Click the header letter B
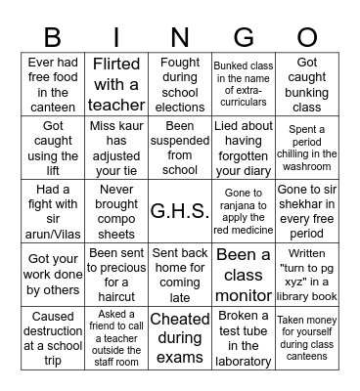coord(53,37)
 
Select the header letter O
coord(307,37)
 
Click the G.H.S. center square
coord(180,210)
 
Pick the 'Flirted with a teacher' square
coord(116,84)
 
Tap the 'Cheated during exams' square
coord(180,338)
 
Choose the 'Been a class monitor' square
coord(244,274)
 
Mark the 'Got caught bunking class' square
coord(307,84)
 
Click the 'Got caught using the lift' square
coord(53,147)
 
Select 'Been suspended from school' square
coord(180,147)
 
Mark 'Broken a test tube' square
coord(244,338)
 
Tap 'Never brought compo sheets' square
coord(116,210)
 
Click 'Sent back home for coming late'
coord(180,274)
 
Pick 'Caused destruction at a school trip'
coord(53,338)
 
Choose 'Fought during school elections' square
coord(180,84)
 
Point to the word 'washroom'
coord(307,167)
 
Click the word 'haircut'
coord(116,295)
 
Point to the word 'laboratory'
coord(244,361)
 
